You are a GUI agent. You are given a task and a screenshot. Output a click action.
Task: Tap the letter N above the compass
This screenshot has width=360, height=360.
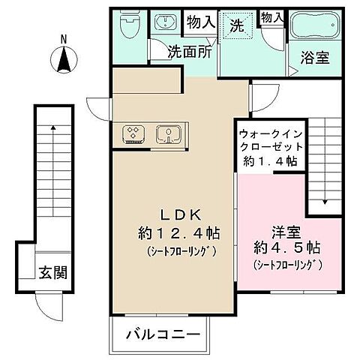(64, 37)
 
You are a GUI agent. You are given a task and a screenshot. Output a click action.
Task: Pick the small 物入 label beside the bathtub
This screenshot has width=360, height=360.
(271, 16)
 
